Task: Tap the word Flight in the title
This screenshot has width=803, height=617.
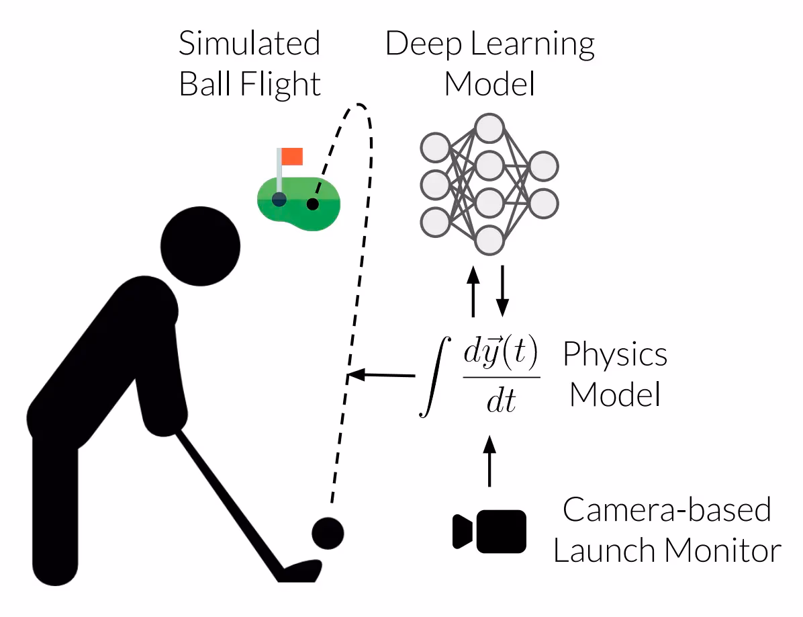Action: tap(280, 85)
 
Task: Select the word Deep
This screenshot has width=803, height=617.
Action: tap(423, 44)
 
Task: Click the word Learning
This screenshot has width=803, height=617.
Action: tap(532, 44)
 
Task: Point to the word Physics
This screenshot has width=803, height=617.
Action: tap(615, 355)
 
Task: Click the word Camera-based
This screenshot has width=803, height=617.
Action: tap(667, 510)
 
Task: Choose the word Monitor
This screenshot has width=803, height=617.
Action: tap(723, 551)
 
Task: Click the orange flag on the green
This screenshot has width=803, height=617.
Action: tap(292, 157)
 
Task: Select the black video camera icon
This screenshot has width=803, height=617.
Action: tap(489, 532)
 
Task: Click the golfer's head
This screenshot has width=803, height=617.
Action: tap(200, 246)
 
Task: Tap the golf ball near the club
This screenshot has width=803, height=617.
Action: tap(328, 533)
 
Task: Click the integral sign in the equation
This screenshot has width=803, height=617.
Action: tap(435, 376)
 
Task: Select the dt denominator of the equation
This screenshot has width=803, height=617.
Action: tap(501, 401)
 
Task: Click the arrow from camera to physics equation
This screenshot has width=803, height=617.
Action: tap(489, 460)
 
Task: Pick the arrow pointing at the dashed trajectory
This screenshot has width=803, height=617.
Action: tap(381, 374)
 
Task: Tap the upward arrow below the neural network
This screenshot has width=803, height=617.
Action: tap(473, 291)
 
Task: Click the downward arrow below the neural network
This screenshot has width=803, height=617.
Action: tap(503, 291)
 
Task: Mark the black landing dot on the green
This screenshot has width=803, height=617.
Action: tap(312, 204)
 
